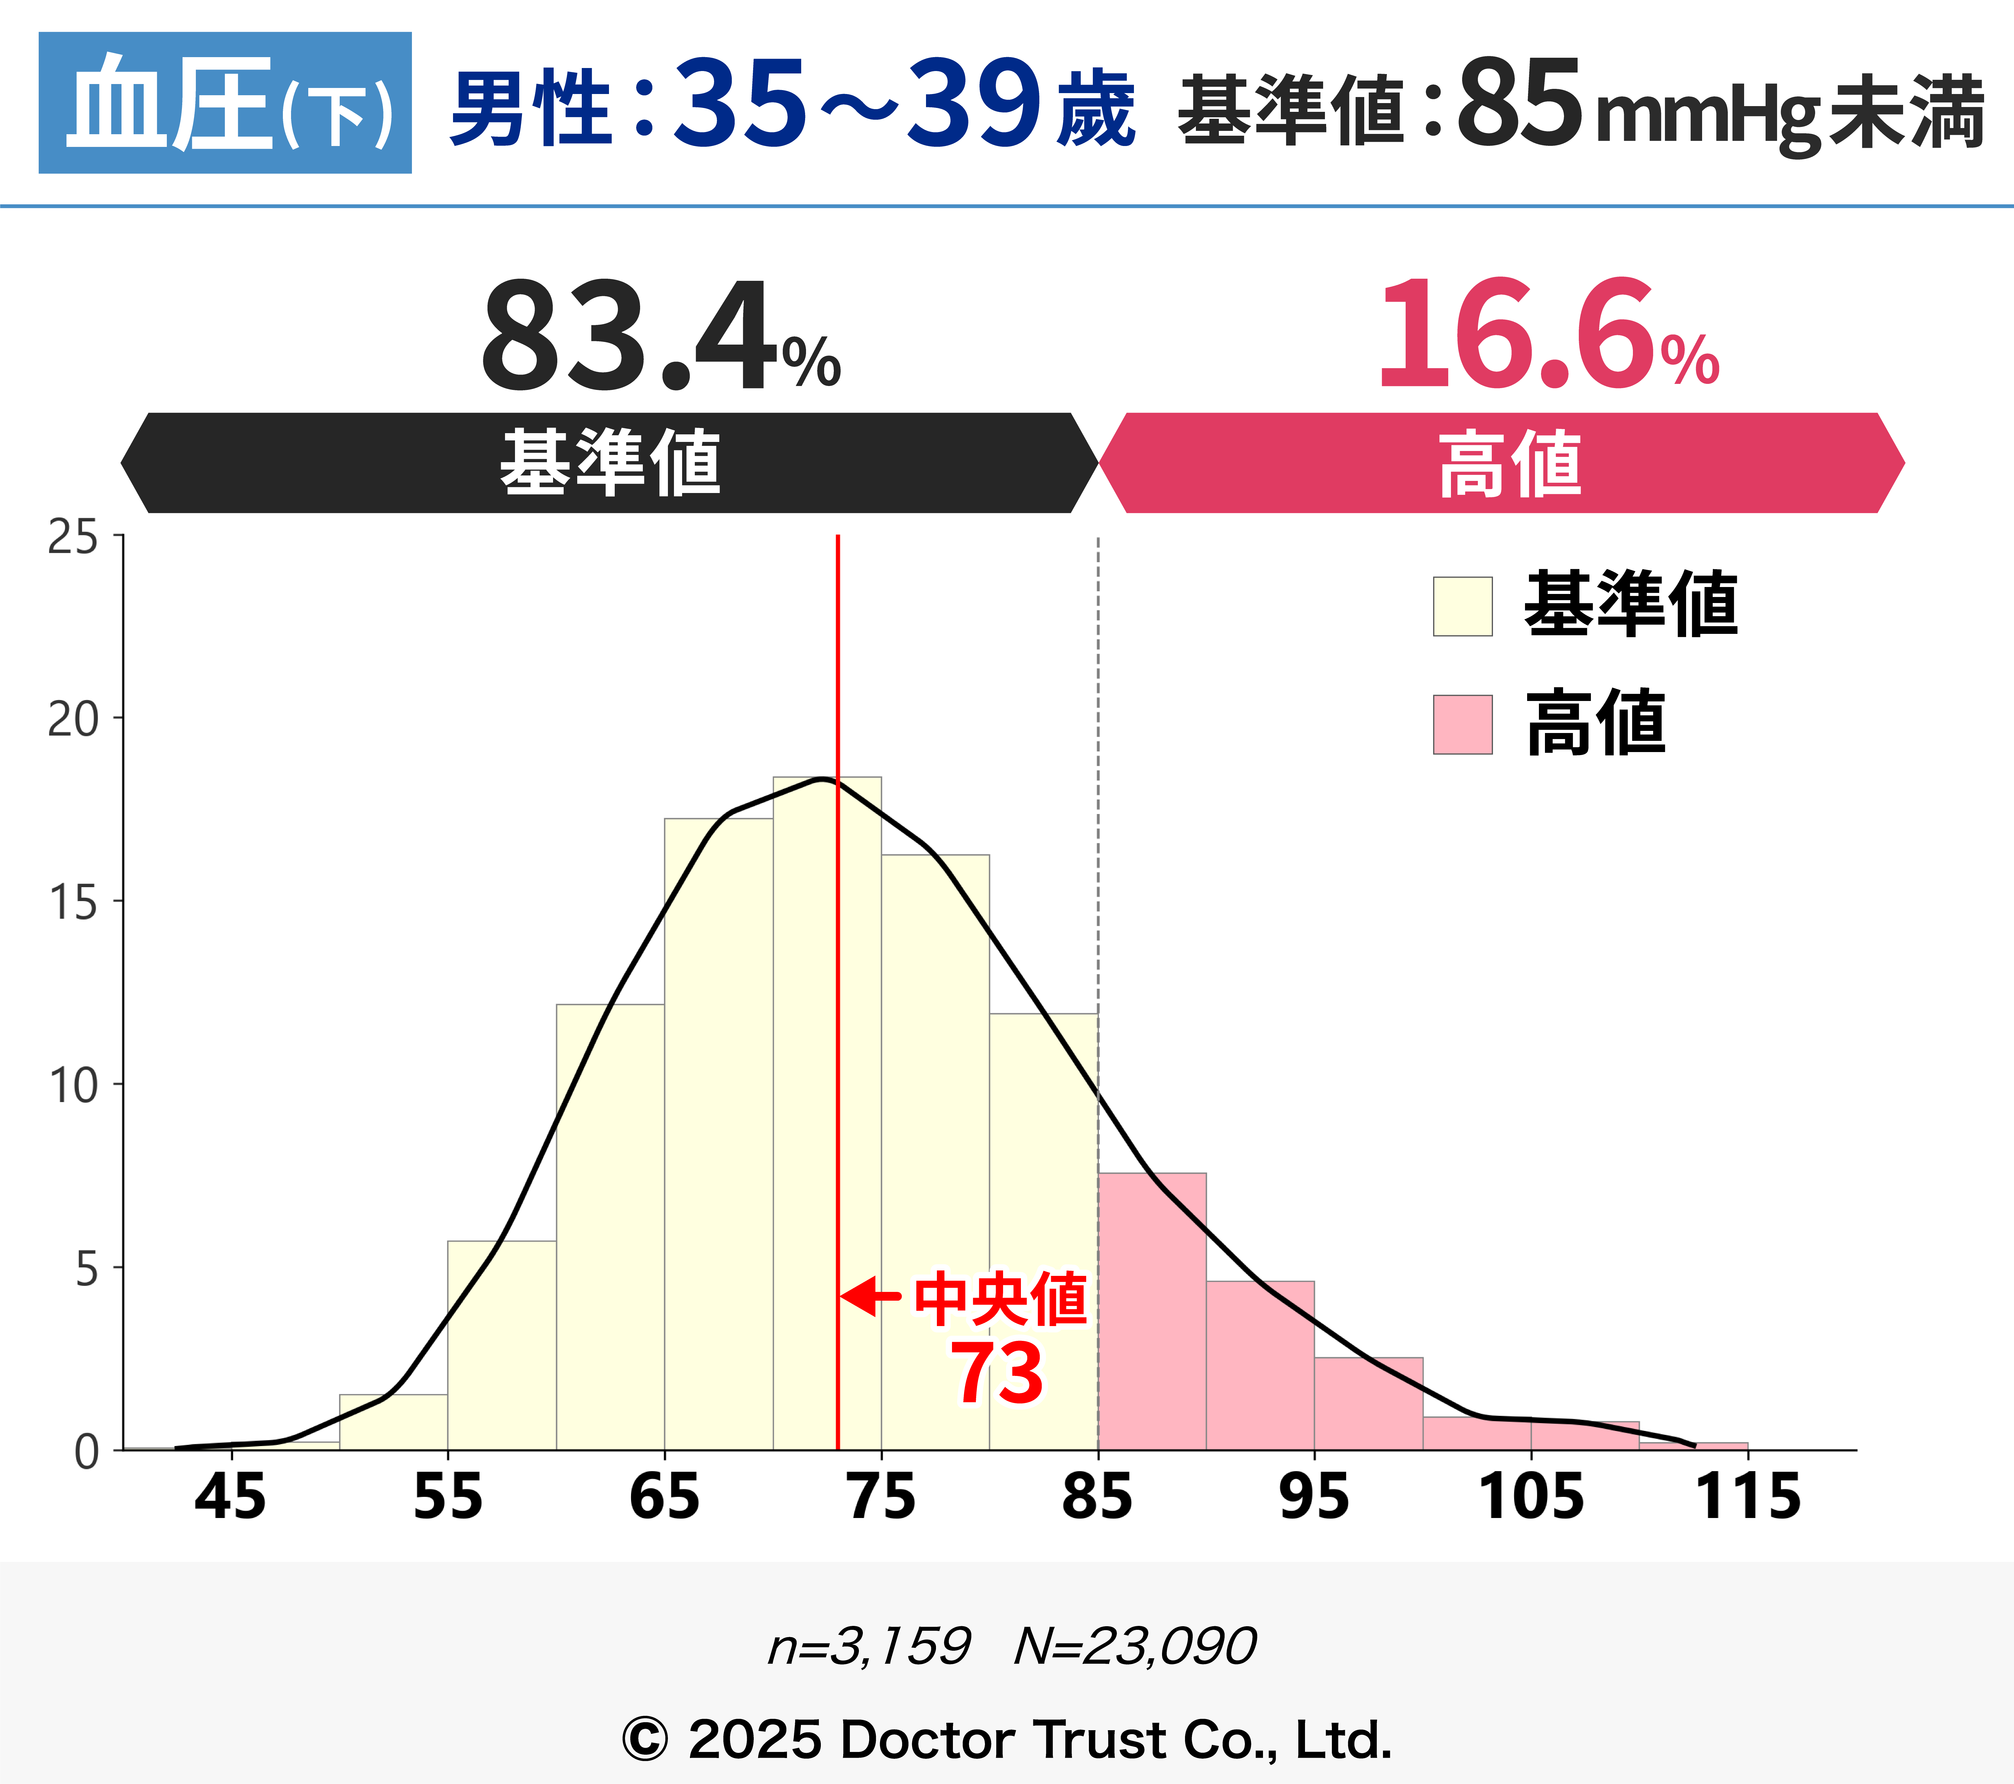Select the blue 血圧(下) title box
(x=225, y=102)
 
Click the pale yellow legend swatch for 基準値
(x=1462, y=606)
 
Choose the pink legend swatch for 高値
(x=1462, y=725)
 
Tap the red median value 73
(x=996, y=1373)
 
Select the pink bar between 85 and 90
(x=1152, y=1311)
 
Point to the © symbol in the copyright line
(x=645, y=1740)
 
